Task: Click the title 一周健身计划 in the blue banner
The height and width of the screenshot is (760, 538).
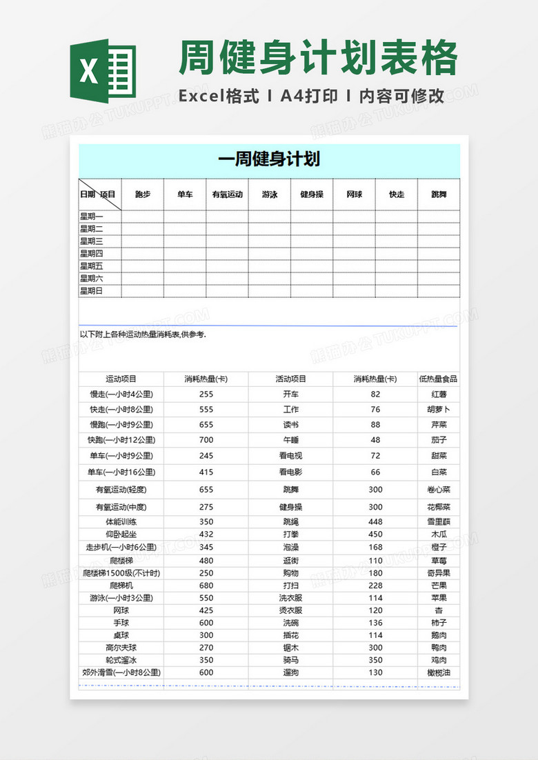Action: (269, 160)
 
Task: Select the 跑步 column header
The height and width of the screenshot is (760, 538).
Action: (143, 195)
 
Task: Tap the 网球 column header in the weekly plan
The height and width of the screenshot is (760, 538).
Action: (354, 195)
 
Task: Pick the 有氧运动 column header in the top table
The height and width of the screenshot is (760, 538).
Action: (227, 195)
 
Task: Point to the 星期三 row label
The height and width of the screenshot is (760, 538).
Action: (92, 241)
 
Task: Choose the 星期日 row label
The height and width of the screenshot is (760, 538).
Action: (92, 291)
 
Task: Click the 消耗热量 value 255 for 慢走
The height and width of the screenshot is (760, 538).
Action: (206, 394)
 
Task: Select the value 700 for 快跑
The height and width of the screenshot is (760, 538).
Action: (206, 440)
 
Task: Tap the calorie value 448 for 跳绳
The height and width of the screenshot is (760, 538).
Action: (375, 522)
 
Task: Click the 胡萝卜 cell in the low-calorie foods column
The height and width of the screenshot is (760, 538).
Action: (438, 410)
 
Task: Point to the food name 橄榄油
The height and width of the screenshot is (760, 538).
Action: (438, 672)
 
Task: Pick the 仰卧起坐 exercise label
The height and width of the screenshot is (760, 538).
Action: (121, 534)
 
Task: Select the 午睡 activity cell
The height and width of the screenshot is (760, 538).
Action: (290, 440)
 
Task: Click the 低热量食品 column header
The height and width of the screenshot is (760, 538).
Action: (438, 379)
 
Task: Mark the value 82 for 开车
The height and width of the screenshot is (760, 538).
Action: (375, 394)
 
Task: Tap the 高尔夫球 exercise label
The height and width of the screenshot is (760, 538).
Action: (121, 648)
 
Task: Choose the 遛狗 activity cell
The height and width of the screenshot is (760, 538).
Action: (290, 672)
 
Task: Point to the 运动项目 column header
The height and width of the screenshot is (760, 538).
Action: (121, 379)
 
